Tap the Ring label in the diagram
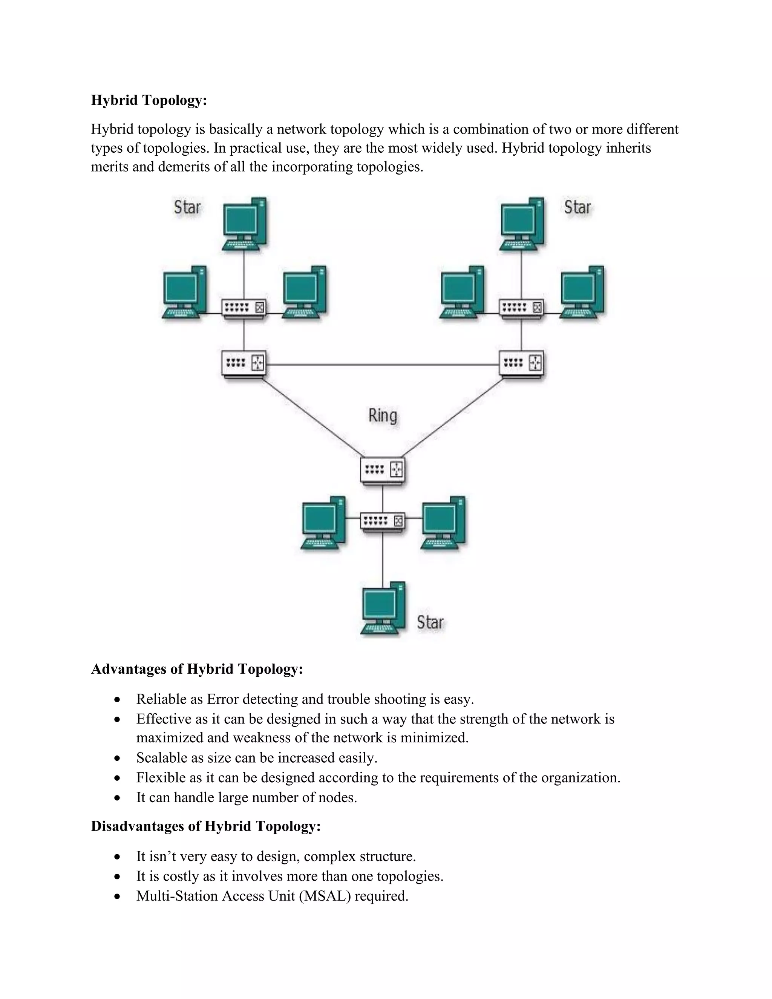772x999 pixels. pos(383,415)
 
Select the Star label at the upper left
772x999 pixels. pos(187,207)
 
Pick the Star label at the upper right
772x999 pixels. pos(577,207)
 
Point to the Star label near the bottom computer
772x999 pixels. pos(430,622)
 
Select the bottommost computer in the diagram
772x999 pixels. pos(383,608)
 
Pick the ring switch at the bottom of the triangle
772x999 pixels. pos(383,470)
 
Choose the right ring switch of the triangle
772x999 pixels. pos(521,364)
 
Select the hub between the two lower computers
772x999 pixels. pos(383,521)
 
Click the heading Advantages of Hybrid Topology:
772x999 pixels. pos(197,669)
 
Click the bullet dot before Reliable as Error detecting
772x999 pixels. pos(118,700)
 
